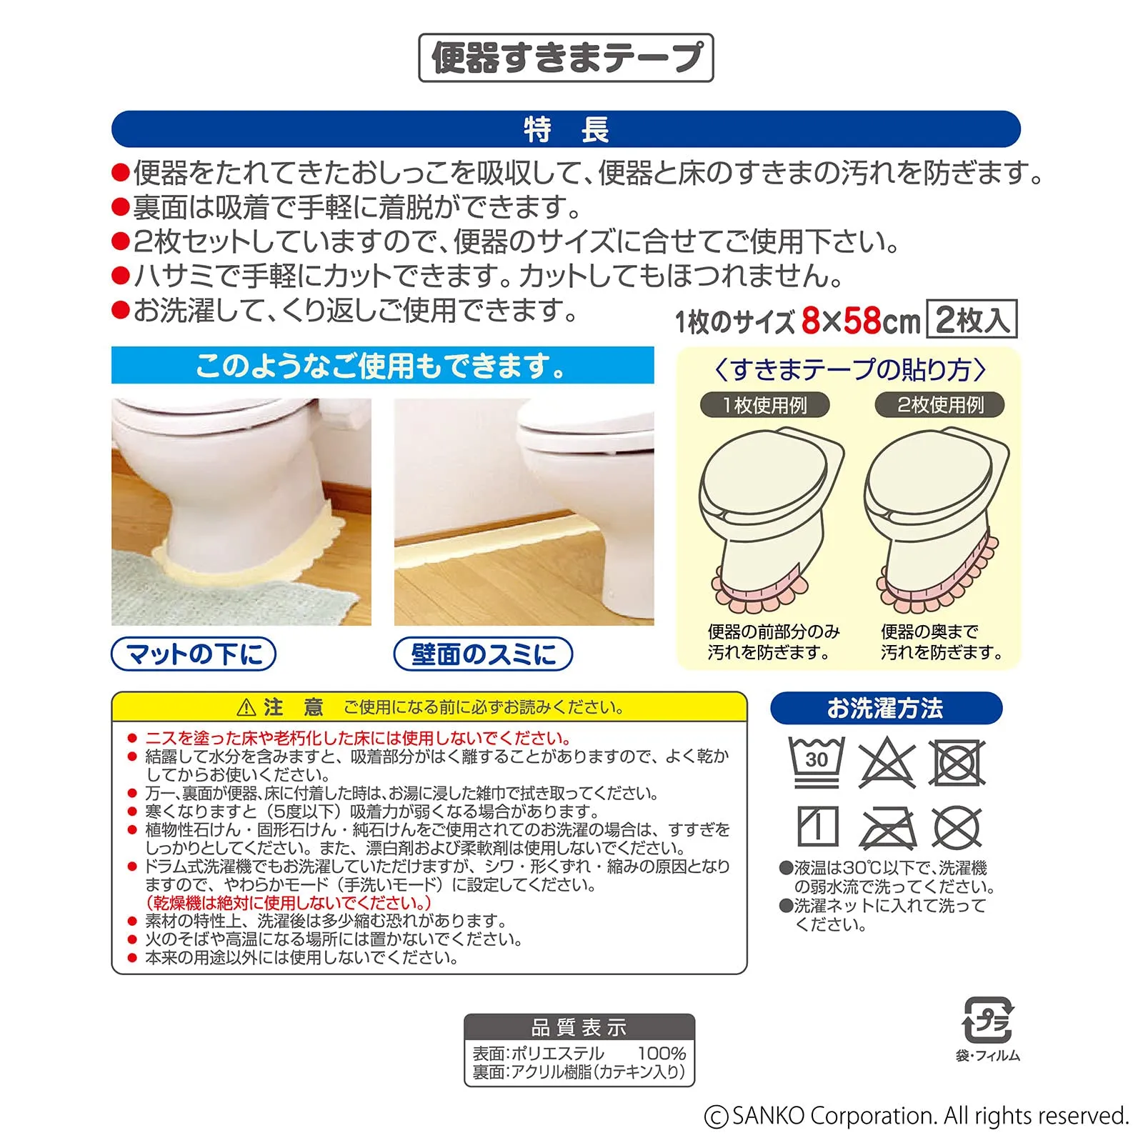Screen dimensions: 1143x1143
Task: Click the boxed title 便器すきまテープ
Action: pyautogui.click(x=566, y=58)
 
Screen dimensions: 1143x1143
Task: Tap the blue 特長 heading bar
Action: pyautogui.click(x=566, y=129)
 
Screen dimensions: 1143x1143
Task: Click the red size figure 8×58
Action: pyautogui.click(x=841, y=321)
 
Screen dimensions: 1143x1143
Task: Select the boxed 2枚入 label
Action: pyautogui.click(x=972, y=319)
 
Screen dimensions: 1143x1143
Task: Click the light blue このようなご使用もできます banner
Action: pyautogui.click(x=382, y=366)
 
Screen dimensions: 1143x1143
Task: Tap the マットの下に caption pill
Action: pyautogui.click(x=194, y=654)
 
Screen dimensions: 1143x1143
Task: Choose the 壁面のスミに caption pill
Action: pyautogui.click(x=484, y=654)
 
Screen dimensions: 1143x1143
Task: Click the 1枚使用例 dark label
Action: pyautogui.click(x=765, y=405)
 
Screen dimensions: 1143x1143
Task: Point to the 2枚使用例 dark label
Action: pyautogui.click(x=940, y=405)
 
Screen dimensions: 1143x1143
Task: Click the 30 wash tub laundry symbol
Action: pyautogui.click(x=817, y=762)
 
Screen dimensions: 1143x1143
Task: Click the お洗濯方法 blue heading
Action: pyautogui.click(x=886, y=709)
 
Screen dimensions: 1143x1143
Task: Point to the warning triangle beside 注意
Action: pyautogui.click(x=246, y=708)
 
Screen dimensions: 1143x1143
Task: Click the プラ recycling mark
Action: pyautogui.click(x=989, y=1020)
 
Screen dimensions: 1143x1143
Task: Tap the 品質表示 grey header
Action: pyautogui.click(x=579, y=1027)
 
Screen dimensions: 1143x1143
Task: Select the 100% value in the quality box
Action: pyautogui.click(x=662, y=1053)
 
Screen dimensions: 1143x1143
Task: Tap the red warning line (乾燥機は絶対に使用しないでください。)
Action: pyautogui.click(x=288, y=903)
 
